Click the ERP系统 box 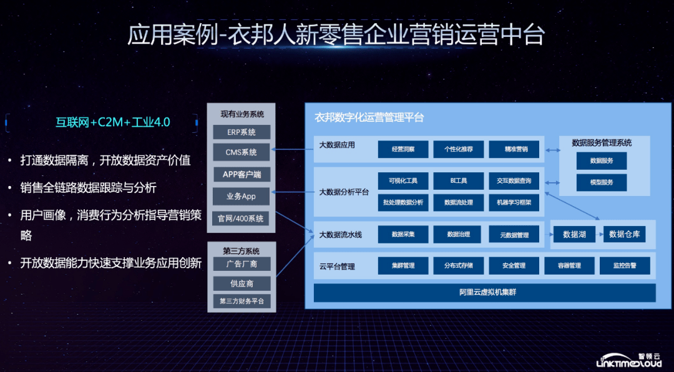coord(242,132)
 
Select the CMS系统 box coord(242,152)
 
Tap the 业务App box coord(242,196)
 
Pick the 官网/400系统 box coord(242,218)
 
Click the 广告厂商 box coord(242,264)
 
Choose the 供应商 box coord(242,283)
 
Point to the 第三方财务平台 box coord(242,301)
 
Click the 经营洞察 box coord(403,149)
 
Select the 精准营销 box coord(513,149)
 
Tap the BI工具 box coord(458,181)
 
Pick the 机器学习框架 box coord(513,202)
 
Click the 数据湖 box coord(574,235)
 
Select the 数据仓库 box coord(624,235)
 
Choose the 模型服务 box coord(602,182)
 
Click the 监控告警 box coord(624,266)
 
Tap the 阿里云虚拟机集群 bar coord(484,292)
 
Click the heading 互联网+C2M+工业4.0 coord(113,122)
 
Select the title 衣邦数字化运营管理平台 coord(369,117)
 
